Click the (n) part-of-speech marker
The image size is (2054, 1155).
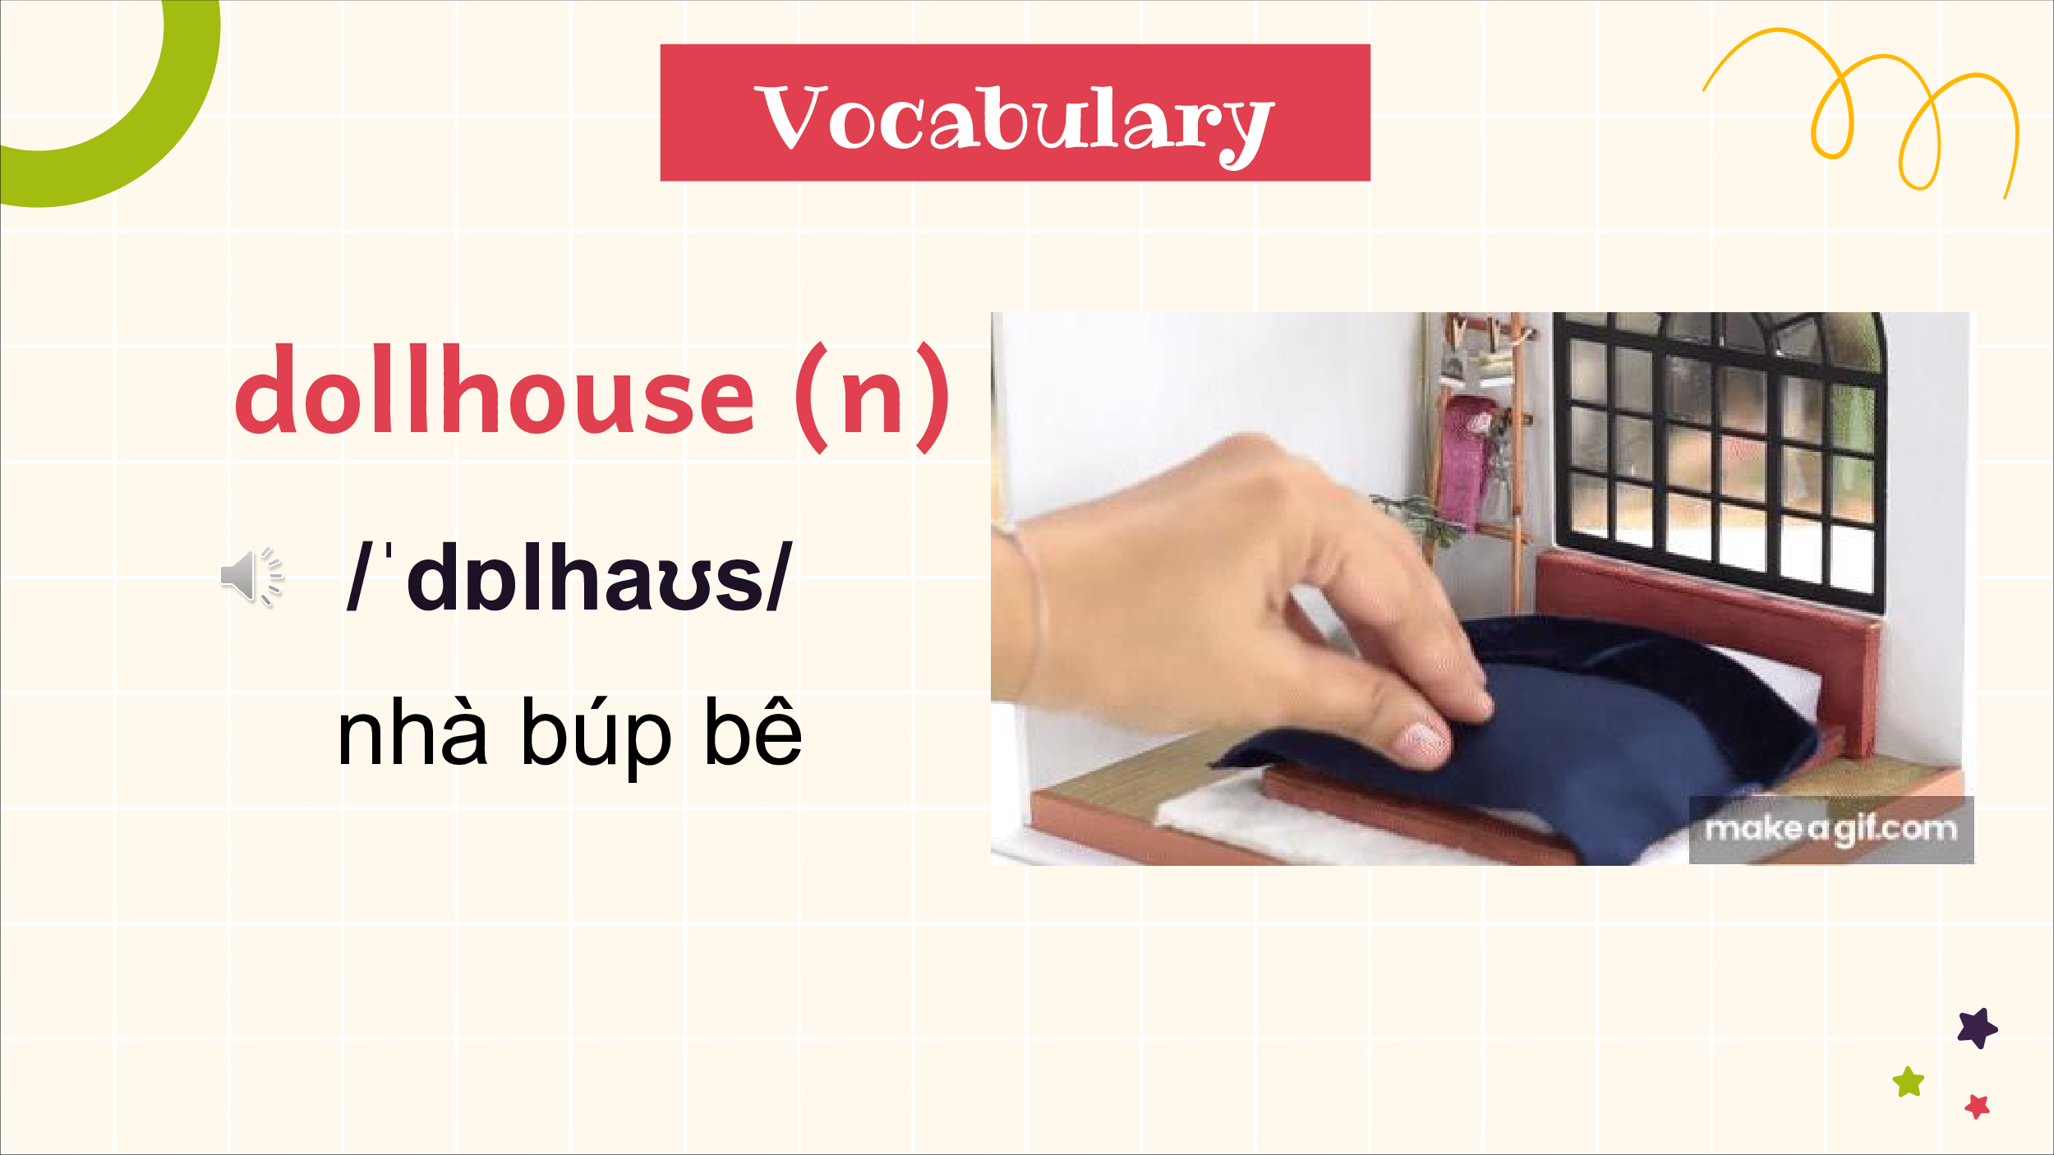tap(872, 398)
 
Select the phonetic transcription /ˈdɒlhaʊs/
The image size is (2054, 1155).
tap(569, 577)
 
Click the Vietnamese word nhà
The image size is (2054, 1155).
tap(412, 730)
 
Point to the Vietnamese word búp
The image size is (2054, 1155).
tap(597, 736)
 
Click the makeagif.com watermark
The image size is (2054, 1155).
tap(1831, 829)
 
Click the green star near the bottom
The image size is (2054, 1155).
tap(1908, 1082)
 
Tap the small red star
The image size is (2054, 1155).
tap(1978, 1107)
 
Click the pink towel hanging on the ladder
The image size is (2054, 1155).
tap(1466, 460)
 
